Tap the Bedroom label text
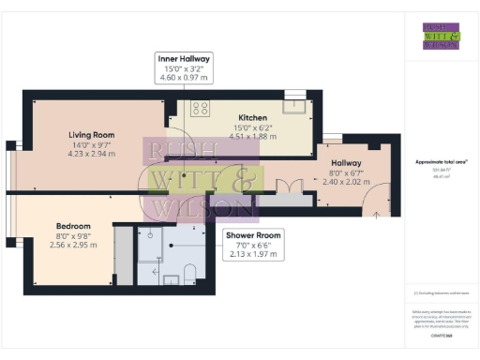point(72,226)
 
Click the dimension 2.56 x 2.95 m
point(72,245)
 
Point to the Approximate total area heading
point(440,161)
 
